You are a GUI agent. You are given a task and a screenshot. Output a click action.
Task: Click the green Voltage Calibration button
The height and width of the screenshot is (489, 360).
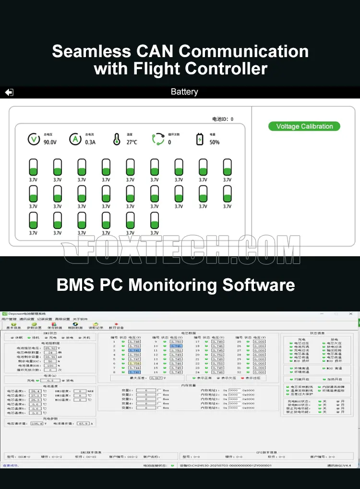(x=304, y=126)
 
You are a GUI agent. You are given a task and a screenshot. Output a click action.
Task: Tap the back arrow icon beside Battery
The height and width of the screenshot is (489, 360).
(x=9, y=92)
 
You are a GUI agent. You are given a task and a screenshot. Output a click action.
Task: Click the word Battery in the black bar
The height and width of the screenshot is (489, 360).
(x=184, y=92)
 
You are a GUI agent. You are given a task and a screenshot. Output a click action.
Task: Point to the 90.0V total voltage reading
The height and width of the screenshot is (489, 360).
(x=50, y=142)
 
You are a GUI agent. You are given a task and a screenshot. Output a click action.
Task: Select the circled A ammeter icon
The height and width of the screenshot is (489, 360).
(x=75, y=139)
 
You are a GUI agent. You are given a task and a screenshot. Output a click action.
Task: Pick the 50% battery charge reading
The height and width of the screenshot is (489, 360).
(x=214, y=142)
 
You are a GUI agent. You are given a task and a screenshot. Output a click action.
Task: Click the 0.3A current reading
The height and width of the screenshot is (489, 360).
(x=90, y=142)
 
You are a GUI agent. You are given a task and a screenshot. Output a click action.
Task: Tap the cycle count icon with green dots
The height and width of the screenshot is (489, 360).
(x=158, y=139)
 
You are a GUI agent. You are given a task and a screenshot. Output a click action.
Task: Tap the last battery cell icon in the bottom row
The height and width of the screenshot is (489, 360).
(x=155, y=220)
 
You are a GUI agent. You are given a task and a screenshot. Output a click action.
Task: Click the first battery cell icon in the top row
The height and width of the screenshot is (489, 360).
(x=33, y=167)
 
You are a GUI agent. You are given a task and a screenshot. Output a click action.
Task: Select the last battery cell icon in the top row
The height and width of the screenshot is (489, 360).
(x=227, y=167)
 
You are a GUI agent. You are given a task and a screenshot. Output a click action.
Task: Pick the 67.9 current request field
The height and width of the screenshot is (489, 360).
(x=83, y=423)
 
